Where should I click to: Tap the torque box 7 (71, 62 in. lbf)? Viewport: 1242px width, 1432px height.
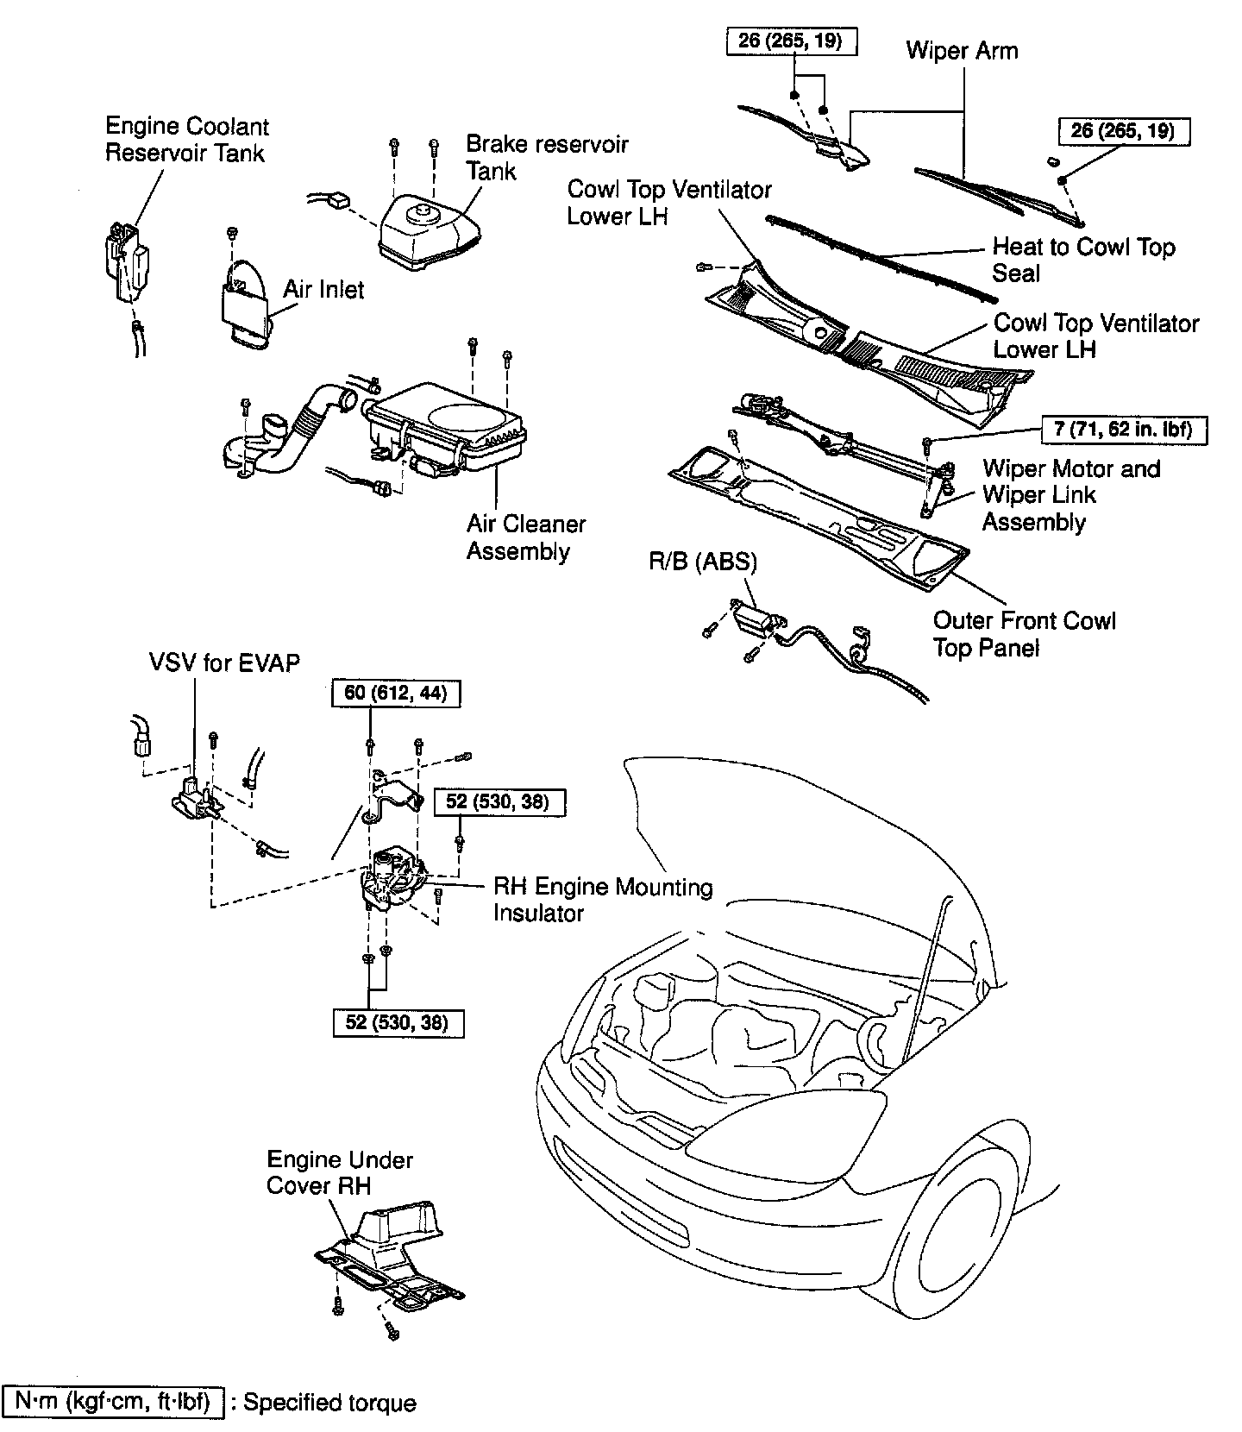click(1123, 430)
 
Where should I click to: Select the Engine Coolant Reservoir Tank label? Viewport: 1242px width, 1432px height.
click(186, 140)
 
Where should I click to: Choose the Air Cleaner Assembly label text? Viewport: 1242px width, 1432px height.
click(525, 537)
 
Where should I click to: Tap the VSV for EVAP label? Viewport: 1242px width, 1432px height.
click(224, 663)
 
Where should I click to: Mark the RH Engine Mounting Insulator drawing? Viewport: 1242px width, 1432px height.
click(393, 877)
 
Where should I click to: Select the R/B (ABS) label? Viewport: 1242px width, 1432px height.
click(702, 562)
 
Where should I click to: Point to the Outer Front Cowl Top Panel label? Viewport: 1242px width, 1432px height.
click(1024, 634)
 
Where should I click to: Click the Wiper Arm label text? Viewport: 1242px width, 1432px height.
click(962, 51)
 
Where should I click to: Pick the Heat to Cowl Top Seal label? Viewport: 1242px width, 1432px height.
click(1082, 260)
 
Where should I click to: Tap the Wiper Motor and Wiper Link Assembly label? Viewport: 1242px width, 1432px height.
click(1070, 495)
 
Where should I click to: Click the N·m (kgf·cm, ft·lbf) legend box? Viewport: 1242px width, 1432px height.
click(114, 1402)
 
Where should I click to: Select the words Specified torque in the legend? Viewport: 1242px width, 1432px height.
click(329, 1403)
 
